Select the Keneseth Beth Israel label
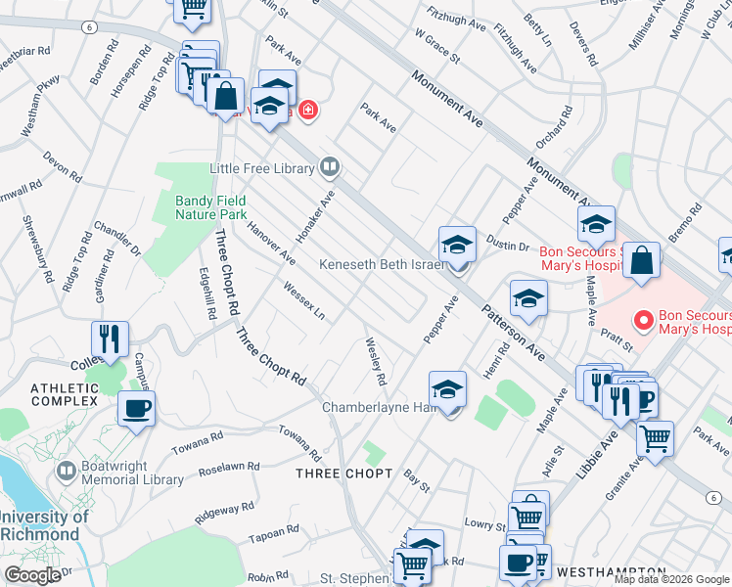382,265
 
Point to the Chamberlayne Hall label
377,407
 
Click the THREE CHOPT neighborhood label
343,474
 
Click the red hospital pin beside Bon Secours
643,320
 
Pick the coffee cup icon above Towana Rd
136,407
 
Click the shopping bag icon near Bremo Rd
641,262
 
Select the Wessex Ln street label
303,302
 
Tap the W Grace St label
436,45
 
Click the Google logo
32,575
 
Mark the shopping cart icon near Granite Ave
655,437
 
